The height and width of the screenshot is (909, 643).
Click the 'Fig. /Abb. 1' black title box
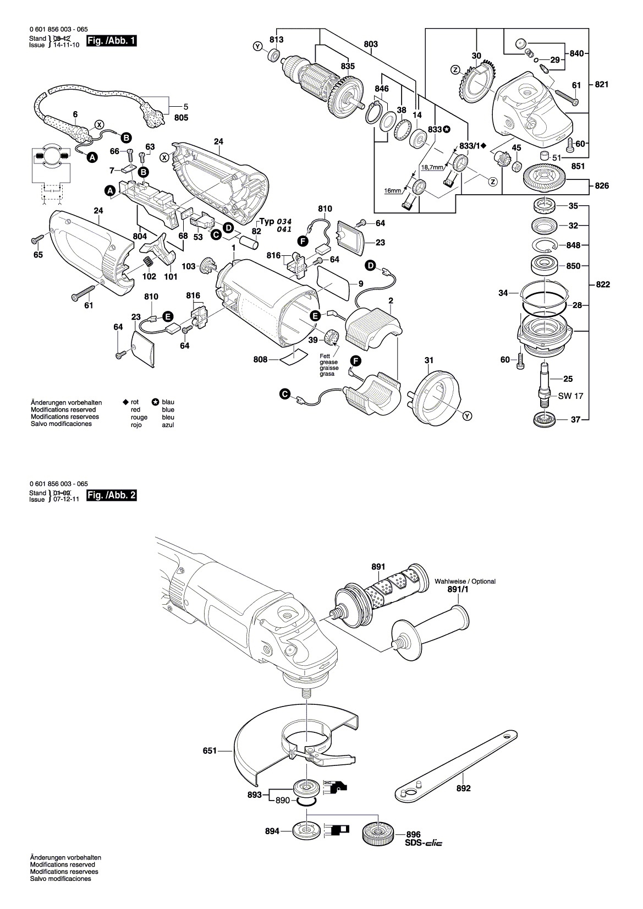tap(112, 41)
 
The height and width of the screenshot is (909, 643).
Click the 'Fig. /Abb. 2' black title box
tap(112, 495)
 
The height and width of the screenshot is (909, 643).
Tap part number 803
tap(371, 44)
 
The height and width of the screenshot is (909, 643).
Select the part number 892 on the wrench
tap(463, 788)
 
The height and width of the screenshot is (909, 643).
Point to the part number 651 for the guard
tap(210, 751)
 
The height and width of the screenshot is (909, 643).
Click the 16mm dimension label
tap(392, 190)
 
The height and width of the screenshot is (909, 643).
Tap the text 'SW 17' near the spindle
tap(570, 396)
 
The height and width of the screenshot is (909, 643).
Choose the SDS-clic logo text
tap(424, 843)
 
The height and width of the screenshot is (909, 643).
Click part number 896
tap(413, 835)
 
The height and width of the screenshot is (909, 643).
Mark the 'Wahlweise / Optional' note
tap(465, 582)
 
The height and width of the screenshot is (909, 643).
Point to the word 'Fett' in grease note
tap(325, 357)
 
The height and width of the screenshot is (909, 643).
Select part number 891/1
tap(458, 589)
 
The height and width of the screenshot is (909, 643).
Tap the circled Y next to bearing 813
tap(257, 47)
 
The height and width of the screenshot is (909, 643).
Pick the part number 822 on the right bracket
tap(603, 284)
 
